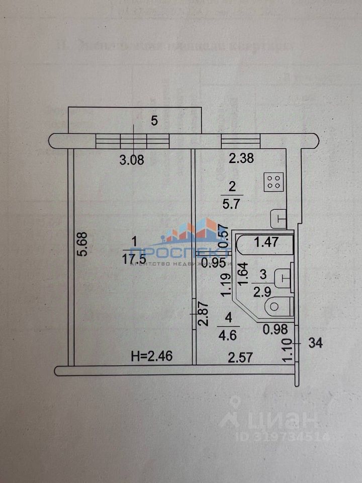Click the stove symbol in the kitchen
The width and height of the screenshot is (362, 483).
275,182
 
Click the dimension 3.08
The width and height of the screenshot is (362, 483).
131,161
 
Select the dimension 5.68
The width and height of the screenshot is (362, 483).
83,244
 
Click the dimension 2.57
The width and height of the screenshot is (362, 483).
240,358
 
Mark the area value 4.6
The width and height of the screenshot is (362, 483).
229,333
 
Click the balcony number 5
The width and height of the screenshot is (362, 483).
154,121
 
